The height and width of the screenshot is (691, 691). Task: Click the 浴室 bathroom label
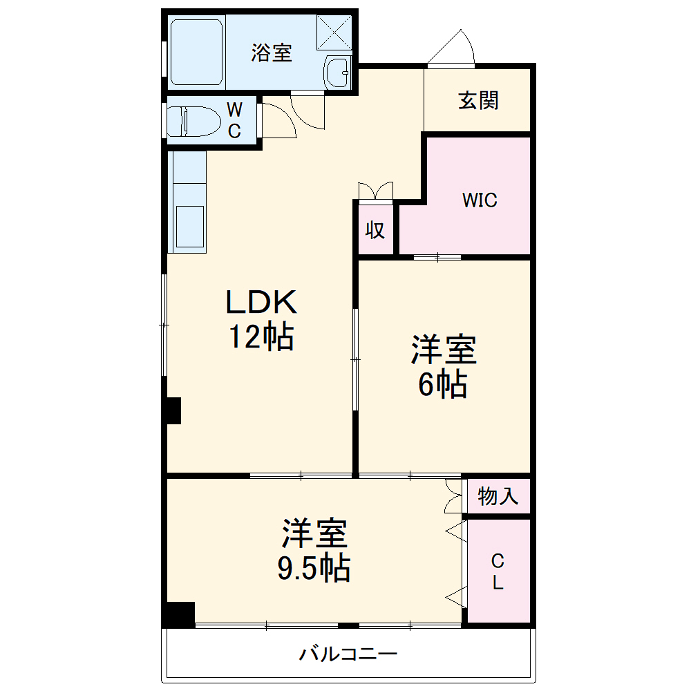[x=272, y=53]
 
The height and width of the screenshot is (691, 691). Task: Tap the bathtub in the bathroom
[x=197, y=53]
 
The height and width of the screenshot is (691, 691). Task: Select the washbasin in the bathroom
[x=338, y=70]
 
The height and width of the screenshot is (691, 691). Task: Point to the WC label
[x=235, y=121]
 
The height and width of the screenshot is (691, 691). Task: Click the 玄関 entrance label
[x=478, y=101]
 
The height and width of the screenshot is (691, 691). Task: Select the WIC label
[x=480, y=200]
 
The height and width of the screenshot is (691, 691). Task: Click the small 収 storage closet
[x=375, y=230]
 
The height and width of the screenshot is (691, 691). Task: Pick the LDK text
[x=261, y=303]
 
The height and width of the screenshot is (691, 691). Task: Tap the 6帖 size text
[x=443, y=384]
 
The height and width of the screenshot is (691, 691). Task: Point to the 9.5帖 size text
[x=314, y=568]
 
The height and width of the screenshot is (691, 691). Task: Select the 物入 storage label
[x=498, y=496]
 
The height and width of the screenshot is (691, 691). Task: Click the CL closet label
[x=498, y=571]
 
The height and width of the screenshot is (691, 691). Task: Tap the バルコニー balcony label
[x=348, y=654]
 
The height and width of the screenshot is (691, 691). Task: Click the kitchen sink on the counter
[x=189, y=228]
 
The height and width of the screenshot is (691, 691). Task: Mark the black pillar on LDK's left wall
[x=172, y=410]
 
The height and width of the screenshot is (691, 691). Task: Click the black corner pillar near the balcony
[x=180, y=614]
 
